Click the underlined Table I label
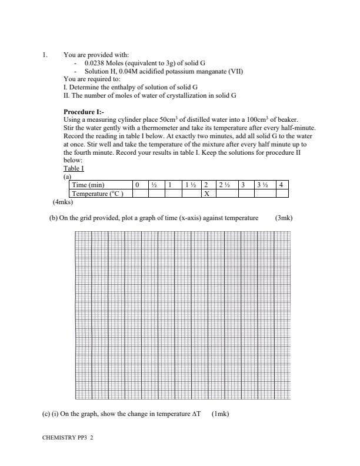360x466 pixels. click(74, 168)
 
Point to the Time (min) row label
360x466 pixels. click(88, 185)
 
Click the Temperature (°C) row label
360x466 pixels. click(97, 192)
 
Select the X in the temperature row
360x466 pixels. click(206, 192)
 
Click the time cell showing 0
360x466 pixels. click(137, 185)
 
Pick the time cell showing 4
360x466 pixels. click(281, 185)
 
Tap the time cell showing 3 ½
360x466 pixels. click(262, 185)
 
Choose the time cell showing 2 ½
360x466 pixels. click(224, 185)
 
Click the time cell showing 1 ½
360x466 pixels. click(189, 185)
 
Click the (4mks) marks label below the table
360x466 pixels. click(63, 201)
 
